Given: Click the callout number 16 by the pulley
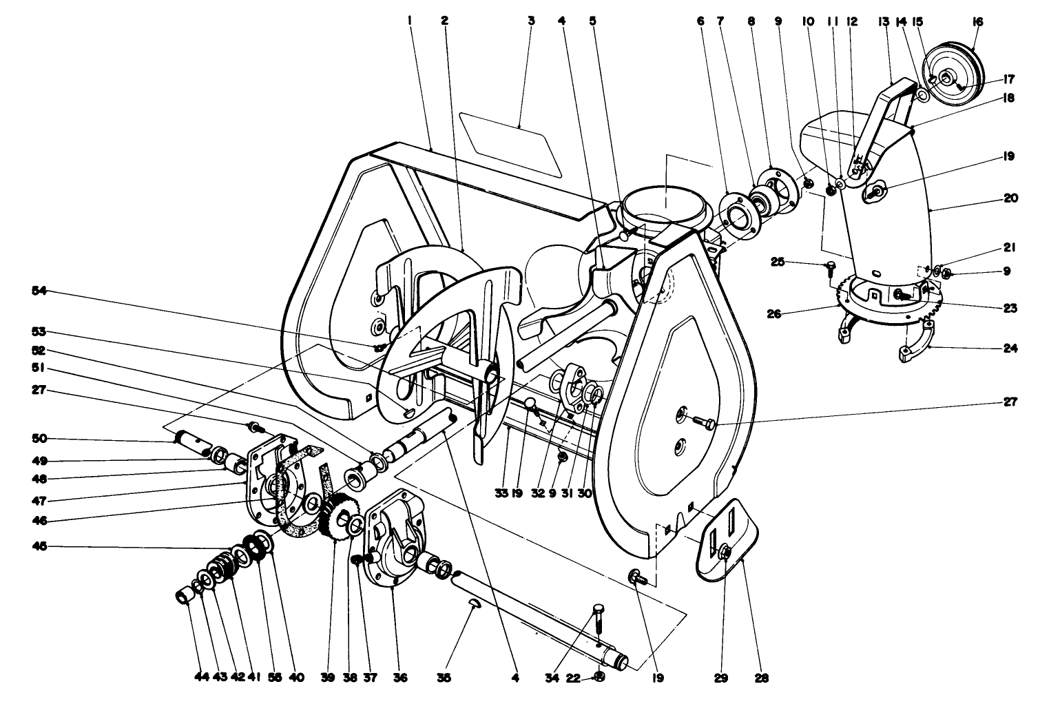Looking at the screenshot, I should pos(976,21).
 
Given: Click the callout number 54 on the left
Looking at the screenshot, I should pos(40,291).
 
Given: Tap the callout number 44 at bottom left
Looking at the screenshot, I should pos(200,678).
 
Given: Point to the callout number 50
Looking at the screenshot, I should pos(40,439).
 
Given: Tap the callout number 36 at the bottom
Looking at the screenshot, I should pos(400,678).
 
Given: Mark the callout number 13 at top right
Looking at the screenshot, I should pos(884,21).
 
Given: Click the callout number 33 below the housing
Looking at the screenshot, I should pos(501,493).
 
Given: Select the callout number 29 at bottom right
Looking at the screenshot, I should pos(720,678).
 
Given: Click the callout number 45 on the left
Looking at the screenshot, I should pos(40,548).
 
